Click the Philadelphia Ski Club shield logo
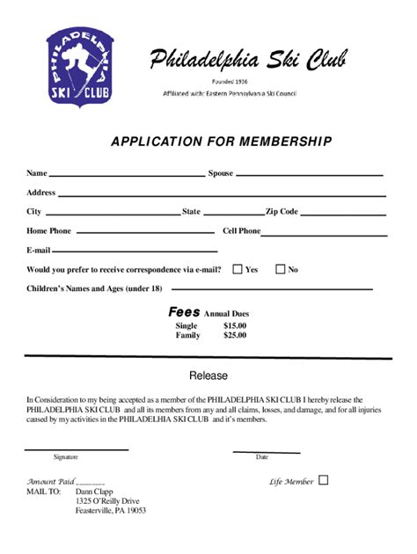tap(79, 66)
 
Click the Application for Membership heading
tap(221, 141)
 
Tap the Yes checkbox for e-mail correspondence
tap(238, 269)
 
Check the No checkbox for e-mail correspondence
tap(281, 269)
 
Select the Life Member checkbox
tap(323, 480)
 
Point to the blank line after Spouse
tap(310, 176)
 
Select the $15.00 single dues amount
tap(235, 325)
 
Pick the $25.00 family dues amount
tap(235, 335)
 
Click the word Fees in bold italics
tap(184, 312)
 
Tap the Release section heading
tap(208, 375)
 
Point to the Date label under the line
tap(262, 457)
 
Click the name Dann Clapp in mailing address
tap(94, 492)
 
